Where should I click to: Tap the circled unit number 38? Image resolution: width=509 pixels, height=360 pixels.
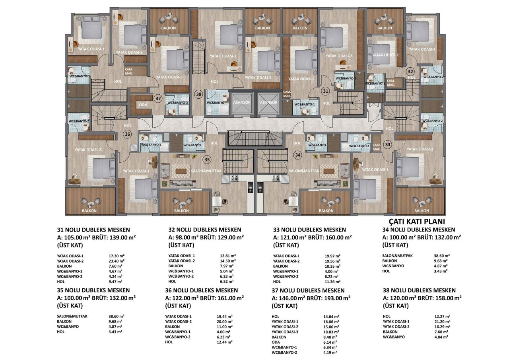[198, 94]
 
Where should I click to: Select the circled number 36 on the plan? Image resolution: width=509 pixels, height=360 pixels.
[127, 134]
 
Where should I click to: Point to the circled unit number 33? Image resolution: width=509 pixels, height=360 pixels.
[387, 144]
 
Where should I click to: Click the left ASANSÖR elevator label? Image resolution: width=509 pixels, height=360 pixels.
[241, 102]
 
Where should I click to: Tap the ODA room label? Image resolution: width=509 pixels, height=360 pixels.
[143, 105]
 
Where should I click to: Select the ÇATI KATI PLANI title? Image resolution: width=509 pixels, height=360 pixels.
[416, 222]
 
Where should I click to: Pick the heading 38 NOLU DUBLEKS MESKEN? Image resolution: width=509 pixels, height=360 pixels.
[419, 290]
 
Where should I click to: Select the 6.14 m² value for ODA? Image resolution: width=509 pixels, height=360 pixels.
[330, 342]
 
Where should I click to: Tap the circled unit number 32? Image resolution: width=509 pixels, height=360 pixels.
[410, 71]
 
